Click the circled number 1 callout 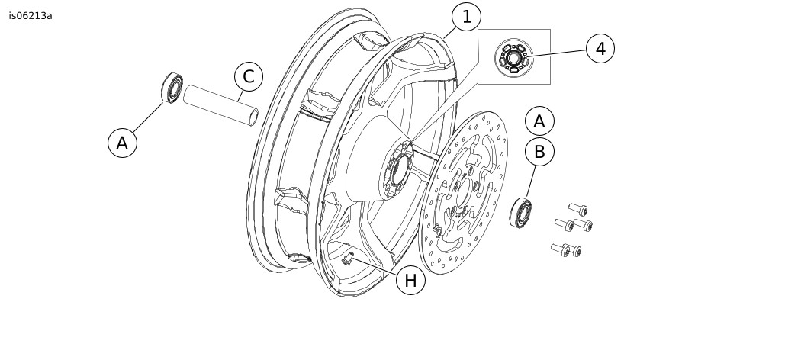(x=466, y=16)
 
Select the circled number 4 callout (x=600, y=49)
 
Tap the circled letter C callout (x=248, y=77)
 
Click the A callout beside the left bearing (x=122, y=143)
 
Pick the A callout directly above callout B (x=539, y=121)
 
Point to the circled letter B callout (x=539, y=152)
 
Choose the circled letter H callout (x=410, y=281)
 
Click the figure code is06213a (x=31, y=15)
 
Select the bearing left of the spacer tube (x=172, y=88)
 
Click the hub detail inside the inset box (x=512, y=57)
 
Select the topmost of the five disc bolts (x=577, y=208)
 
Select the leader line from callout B (x=531, y=181)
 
